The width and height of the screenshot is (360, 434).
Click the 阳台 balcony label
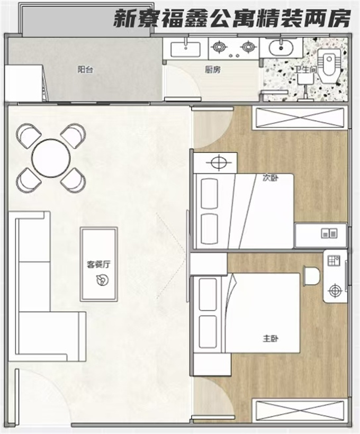coord(85,70)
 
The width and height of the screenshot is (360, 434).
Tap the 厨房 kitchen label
coord(213,70)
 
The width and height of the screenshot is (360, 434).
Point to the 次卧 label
coord(271,178)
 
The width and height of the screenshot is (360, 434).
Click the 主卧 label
coord(271,338)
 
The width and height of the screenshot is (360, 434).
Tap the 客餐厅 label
coord(98,264)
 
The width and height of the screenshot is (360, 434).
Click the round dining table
coord(51,158)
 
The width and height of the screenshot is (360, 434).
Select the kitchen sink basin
coord(185,50)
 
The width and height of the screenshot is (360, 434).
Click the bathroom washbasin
coord(281,48)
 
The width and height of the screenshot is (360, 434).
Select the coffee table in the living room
coord(99,264)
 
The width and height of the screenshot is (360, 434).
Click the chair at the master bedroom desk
coord(311,276)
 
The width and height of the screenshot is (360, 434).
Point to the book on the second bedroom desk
coord(329,233)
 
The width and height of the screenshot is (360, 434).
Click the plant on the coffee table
coord(102,279)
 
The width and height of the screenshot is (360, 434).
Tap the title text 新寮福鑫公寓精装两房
coord(232,19)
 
